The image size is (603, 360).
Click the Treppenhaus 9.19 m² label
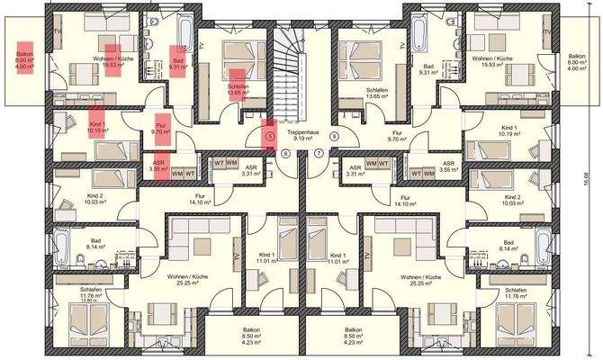pyautogui.click(x=305, y=135)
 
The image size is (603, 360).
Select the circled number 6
pyautogui.click(x=285, y=153)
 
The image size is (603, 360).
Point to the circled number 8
pyautogui.click(x=334, y=137)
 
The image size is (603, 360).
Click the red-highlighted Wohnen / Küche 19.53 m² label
pyautogui.click(x=112, y=60)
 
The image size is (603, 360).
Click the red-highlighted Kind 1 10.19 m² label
pyautogui.click(x=98, y=127)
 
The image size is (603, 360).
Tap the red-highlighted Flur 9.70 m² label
pyautogui.click(x=162, y=130)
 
